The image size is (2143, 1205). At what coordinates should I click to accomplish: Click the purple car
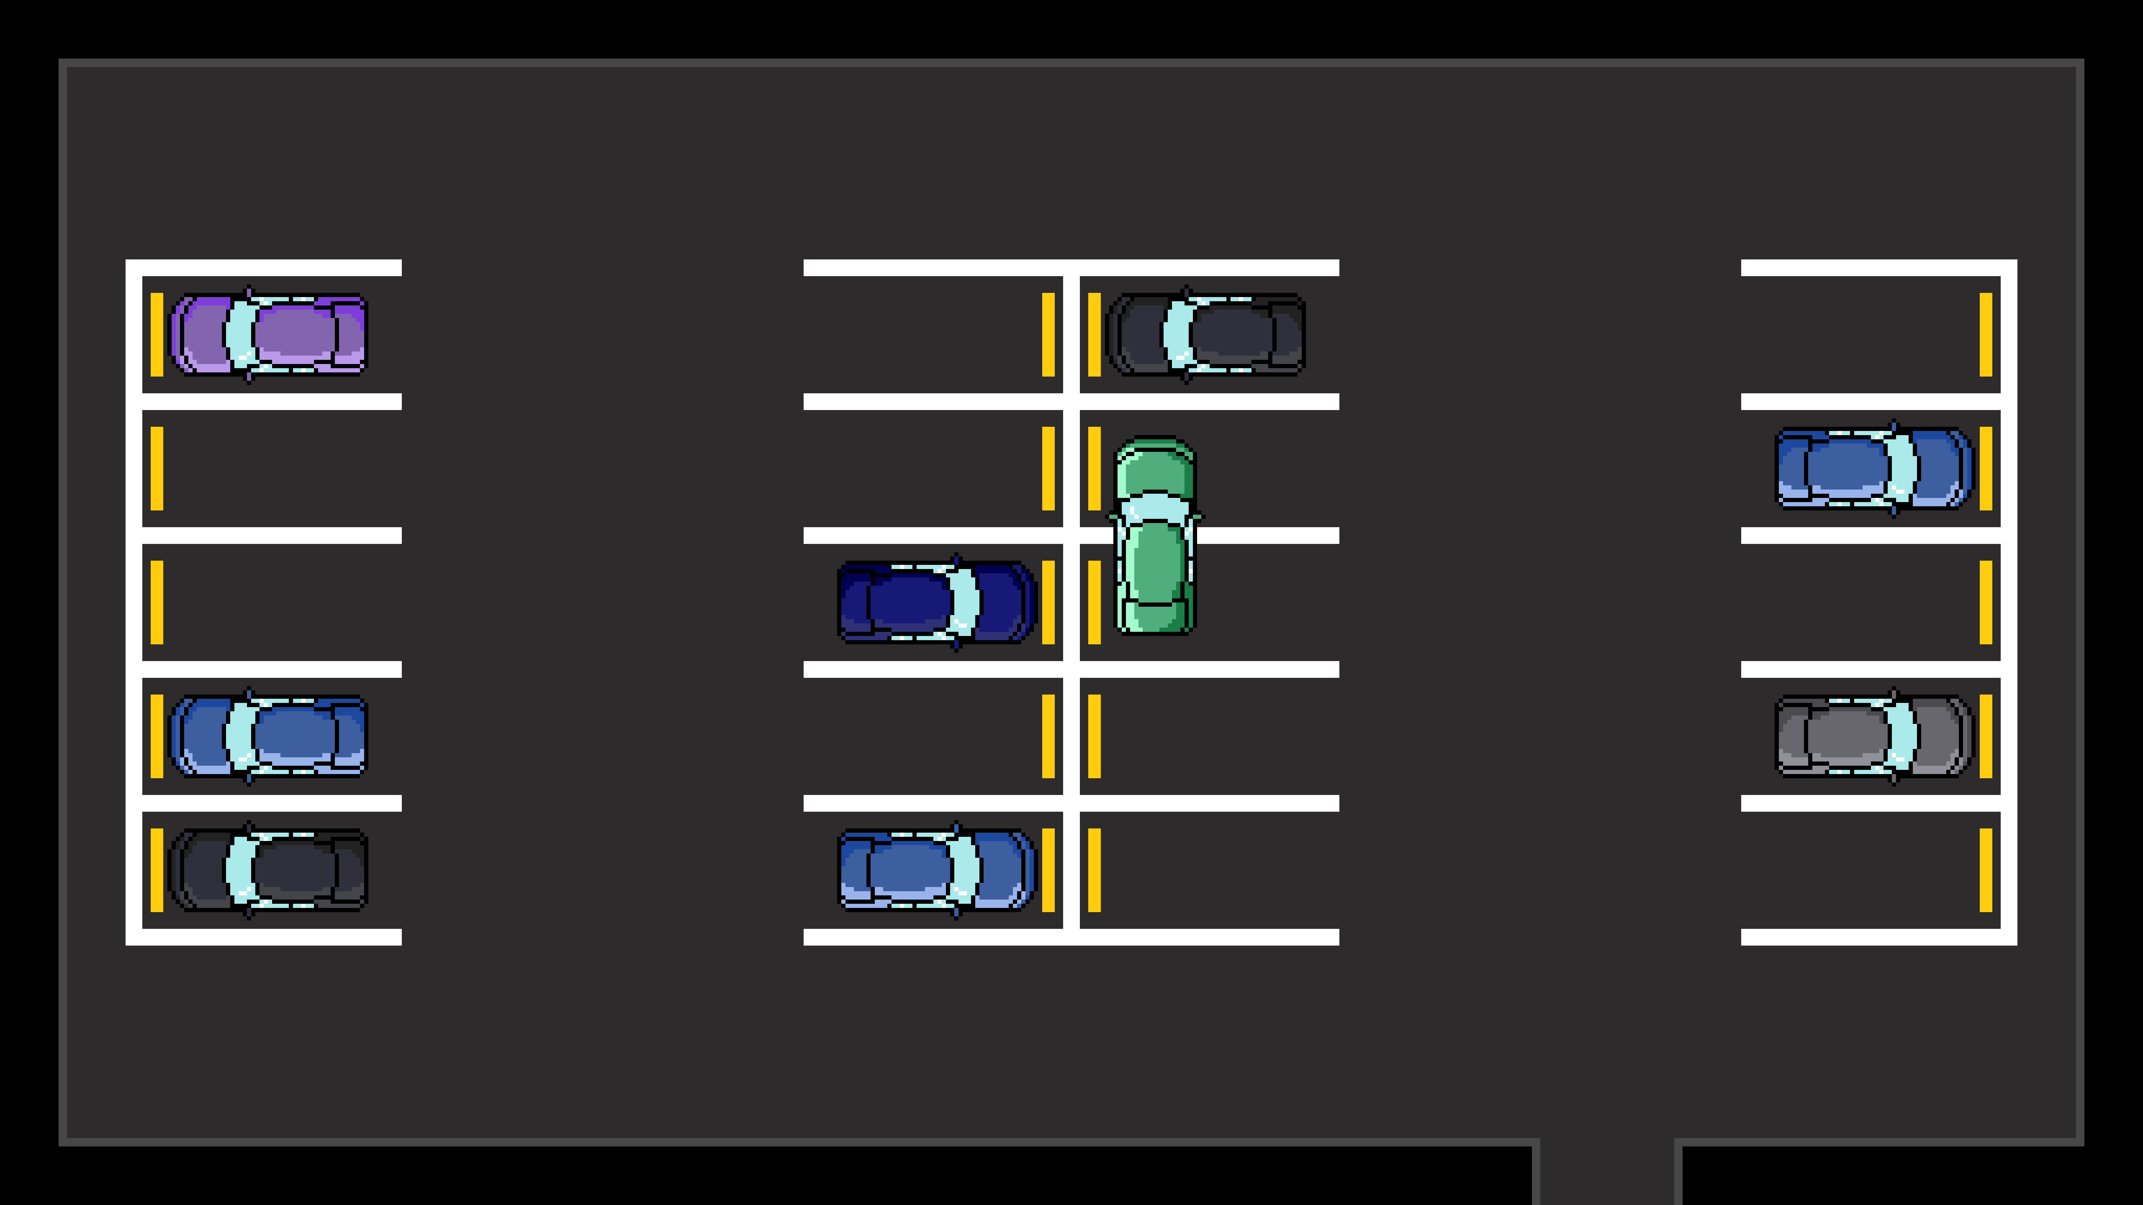point(268,334)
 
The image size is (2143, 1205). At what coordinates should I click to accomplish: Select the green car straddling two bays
point(1155,536)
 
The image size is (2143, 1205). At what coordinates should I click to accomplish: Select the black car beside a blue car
point(268,870)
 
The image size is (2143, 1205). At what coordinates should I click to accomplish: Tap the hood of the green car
point(1155,470)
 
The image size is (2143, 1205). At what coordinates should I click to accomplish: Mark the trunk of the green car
point(1155,615)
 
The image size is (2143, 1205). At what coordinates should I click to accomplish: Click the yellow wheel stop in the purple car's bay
point(156,334)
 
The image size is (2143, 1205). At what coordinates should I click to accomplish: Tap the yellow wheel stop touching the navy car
point(1048,602)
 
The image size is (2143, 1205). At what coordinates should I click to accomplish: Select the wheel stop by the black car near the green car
point(1094,334)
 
